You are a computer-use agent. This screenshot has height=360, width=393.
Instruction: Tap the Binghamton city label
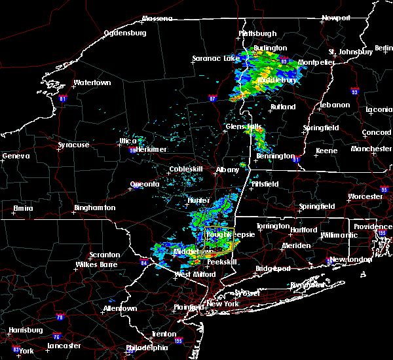94,207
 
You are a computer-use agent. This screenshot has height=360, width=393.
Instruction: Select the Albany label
227,170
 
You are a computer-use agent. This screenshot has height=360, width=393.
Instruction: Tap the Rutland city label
283,107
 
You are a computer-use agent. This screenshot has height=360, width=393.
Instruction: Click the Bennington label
275,156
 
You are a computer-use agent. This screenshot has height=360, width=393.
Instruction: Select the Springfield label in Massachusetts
317,206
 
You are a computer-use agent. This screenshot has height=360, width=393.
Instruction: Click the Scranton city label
105,255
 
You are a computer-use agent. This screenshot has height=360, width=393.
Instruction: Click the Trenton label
164,334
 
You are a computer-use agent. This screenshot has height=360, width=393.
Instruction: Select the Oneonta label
145,184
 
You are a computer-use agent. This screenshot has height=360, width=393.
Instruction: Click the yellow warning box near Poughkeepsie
219,240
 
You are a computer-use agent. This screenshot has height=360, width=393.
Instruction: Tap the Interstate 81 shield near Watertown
63,99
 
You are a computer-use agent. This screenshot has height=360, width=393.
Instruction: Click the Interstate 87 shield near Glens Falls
212,99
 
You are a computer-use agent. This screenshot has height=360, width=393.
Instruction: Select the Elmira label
24,209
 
